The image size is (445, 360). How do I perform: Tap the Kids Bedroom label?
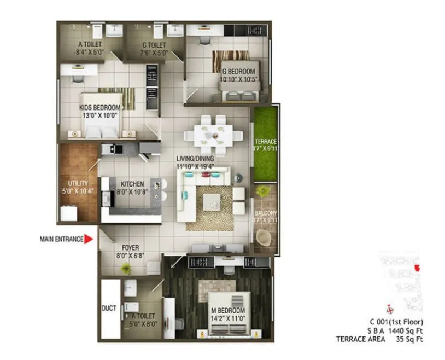(99, 108)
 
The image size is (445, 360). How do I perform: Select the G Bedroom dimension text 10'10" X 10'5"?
(238, 79)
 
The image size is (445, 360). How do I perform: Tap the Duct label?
(109, 309)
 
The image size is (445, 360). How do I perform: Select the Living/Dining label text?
(195, 159)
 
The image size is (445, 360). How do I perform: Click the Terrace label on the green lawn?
(266, 141)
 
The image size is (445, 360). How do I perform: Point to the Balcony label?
(266, 213)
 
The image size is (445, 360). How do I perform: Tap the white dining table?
(209, 134)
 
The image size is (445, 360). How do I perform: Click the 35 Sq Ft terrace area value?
(410, 340)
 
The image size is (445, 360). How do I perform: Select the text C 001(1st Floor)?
(396, 322)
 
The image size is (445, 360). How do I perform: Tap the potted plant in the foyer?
(126, 268)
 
